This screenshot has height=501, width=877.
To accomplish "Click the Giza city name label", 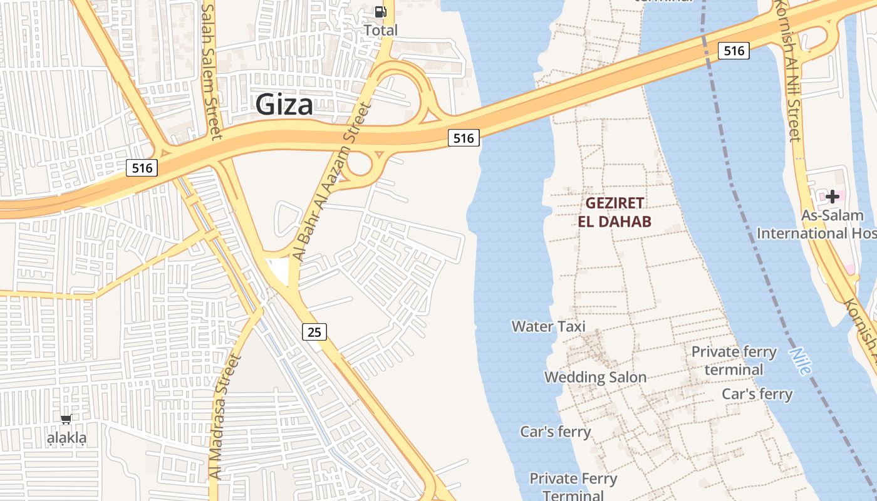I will pos(284,105).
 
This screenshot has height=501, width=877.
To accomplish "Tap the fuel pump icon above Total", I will pos(380,12).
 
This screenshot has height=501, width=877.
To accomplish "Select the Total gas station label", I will pos(380,29).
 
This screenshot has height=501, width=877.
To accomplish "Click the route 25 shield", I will pos(314,332).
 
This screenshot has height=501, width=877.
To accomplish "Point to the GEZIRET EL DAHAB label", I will pos(615,212).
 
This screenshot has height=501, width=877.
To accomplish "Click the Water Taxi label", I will pos(548,326).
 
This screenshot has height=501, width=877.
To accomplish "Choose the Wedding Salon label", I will pos(595,377).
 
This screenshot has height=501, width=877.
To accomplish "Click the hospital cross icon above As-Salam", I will pos(832,197).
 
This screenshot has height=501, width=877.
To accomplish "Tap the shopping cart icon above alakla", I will pos(66,419).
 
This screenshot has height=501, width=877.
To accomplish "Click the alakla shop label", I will pos(67,438).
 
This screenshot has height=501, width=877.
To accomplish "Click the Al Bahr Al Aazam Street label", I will pos(333,182).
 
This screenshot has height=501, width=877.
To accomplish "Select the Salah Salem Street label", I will pos(211,72).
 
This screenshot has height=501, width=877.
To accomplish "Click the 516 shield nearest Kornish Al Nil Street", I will pos(734,51).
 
